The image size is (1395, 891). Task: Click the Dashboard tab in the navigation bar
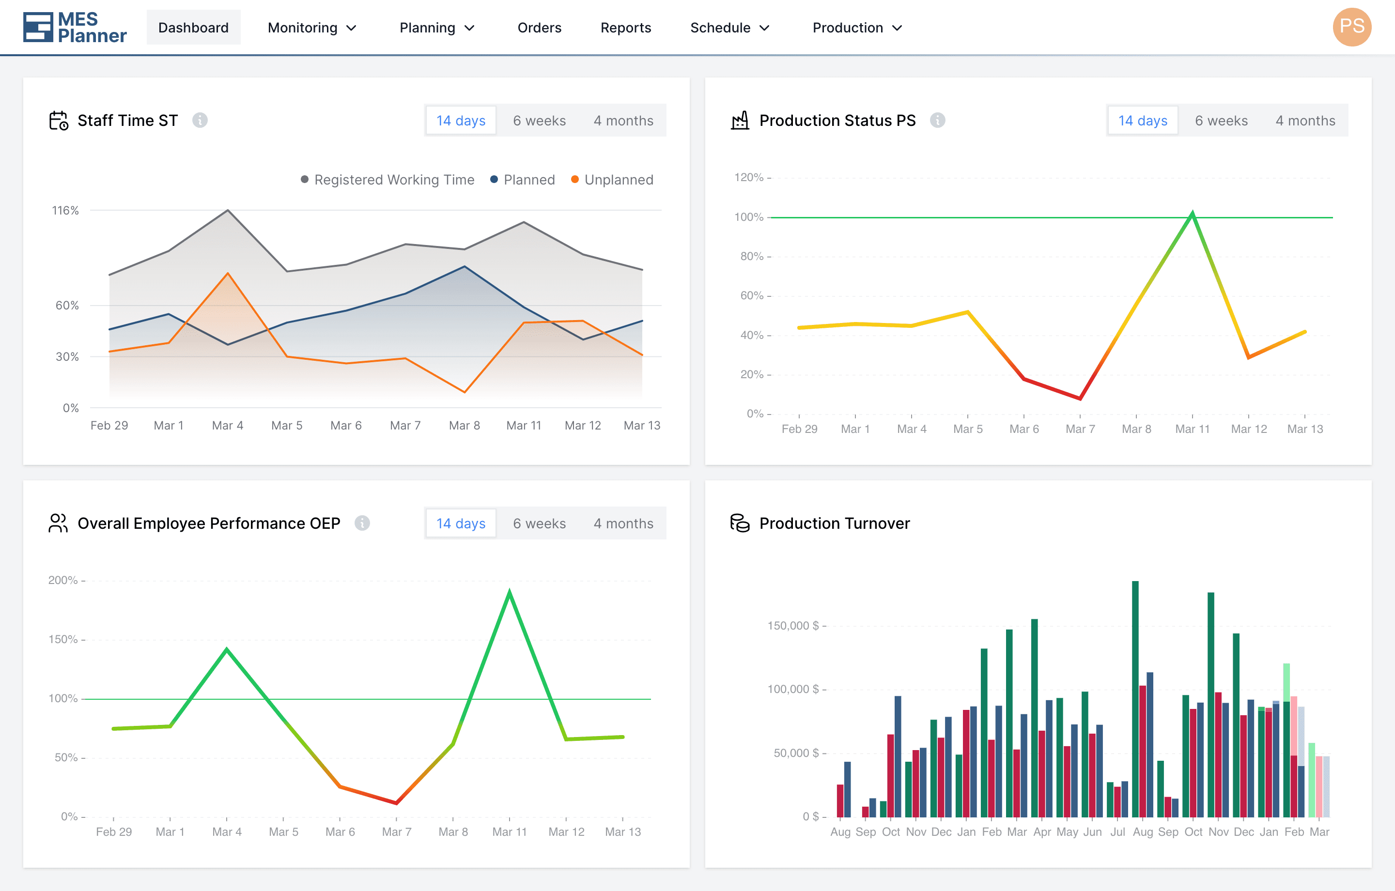pos(193,27)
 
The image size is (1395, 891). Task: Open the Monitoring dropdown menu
pos(311,27)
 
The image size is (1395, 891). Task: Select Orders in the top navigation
pos(539,27)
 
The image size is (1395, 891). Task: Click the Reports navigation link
pos(626,27)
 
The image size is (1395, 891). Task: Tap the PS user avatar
pos(1351,27)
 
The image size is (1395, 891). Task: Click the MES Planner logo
pos(75,27)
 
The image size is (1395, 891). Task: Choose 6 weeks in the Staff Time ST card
pos(539,121)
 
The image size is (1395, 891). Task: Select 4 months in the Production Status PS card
pos(1305,121)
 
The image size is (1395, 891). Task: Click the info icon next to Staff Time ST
pos(200,120)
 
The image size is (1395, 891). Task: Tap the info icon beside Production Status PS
pos(937,120)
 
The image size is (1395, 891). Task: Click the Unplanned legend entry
pos(612,180)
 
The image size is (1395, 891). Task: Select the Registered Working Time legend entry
pos(387,180)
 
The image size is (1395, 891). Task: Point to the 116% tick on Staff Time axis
pos(65,210)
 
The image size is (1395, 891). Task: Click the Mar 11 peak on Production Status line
pos(1192,213)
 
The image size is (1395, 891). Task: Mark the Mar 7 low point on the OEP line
pos(396,803)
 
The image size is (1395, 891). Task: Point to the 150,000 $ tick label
pos(793,626)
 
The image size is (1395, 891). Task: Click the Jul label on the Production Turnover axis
pos(1117,832)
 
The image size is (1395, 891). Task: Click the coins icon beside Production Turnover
pos(740,523)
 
